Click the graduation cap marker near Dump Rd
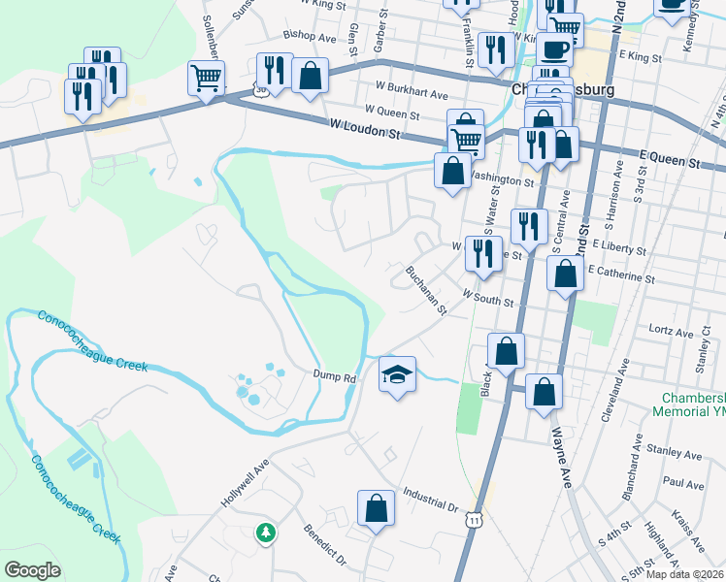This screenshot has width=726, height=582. (x=397, y=373)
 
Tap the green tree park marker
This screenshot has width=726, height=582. (x=265, y=533)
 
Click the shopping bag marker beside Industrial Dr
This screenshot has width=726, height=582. (x=376, y=507)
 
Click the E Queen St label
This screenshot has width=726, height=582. (x=670, y=155)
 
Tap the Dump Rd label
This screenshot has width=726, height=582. (x=336, y=374)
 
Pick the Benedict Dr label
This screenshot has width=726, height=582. (x=325, y=546)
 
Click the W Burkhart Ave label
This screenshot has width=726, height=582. (x=407, y=95)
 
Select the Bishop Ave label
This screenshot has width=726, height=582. (x=309, y=38)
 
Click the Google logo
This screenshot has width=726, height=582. (x=32, y=569)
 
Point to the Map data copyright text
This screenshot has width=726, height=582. (x=685, y=574)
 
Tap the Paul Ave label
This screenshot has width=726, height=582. (x=683, y=483)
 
